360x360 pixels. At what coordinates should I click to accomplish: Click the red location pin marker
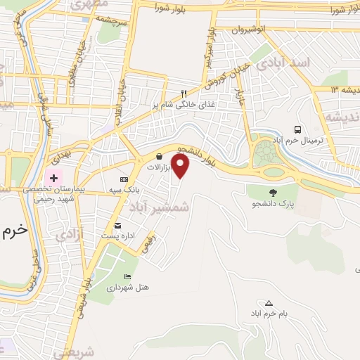pyautogui.click(x=181, y=167)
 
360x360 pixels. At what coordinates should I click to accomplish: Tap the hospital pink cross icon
pyautogui.click(x=53, y=178)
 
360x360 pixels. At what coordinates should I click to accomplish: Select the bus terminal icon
pyautogui.click(x=299, y=129)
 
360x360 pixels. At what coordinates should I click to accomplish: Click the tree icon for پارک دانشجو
pyautogui.click(x=273, y=192)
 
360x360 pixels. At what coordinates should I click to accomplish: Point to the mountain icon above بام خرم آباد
pyautogui.click(x=269, y=302)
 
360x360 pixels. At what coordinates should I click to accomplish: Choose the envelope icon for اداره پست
pyautogui.click(x=117, y=226)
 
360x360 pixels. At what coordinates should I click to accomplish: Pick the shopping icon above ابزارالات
pyautogui.click(x=160, y=157)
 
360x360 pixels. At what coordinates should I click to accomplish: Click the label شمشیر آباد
pyautogui.click(x=160, y=205)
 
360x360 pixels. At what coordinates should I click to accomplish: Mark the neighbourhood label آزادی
pyautogui.click(x=68, y=232)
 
